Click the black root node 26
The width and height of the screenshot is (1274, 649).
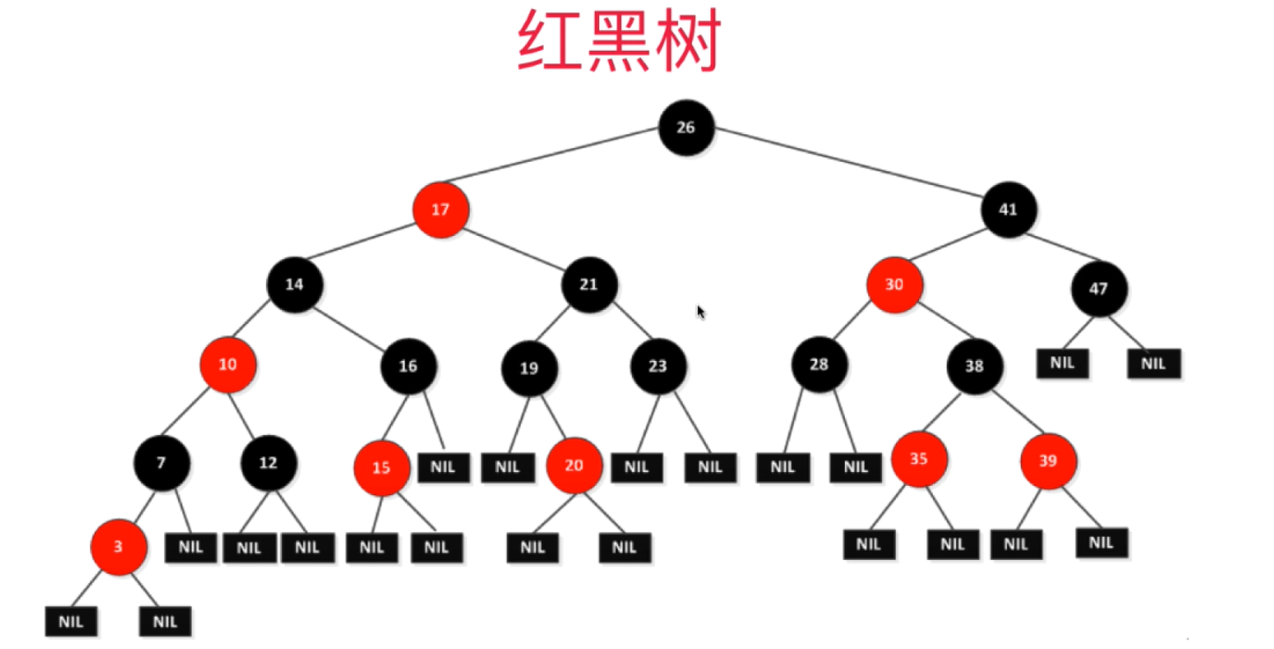685,128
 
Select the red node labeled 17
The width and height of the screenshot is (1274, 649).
441,210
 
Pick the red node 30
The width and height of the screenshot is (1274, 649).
894,285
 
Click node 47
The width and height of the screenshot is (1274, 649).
1099,288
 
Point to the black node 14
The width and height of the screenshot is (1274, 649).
294,284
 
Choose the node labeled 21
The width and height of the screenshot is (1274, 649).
589,284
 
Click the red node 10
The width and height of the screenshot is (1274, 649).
227,364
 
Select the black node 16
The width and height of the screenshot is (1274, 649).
408,365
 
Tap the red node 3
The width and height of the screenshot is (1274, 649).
118,547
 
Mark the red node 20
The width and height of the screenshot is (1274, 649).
574,465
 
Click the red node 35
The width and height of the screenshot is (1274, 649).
918,459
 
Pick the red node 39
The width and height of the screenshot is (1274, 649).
1048,461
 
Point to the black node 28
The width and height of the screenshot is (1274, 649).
818,364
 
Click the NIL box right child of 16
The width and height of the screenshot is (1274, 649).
443,467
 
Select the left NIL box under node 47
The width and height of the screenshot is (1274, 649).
1063,363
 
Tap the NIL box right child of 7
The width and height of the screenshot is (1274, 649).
190,547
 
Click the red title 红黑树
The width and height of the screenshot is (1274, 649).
618,42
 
